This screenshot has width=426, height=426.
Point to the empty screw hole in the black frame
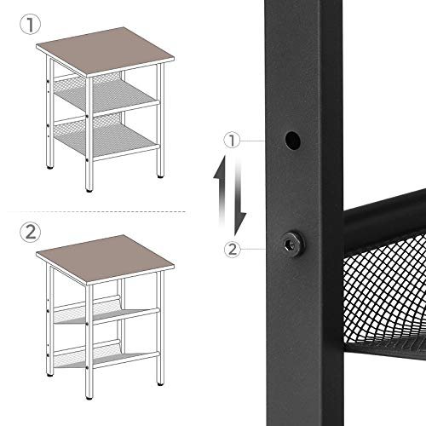(x=291, y=137)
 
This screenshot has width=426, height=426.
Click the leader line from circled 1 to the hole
(x=260, y=139)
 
